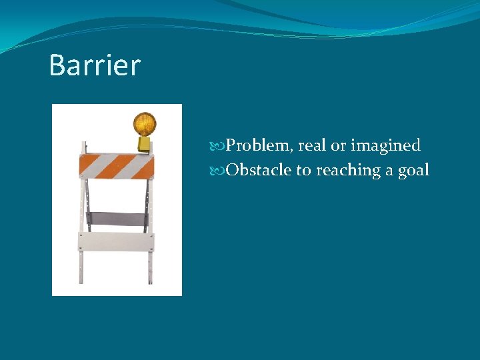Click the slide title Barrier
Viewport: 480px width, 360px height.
click(95, 65)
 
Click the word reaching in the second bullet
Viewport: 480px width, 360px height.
click(347, 171)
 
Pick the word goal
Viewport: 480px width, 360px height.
click(413, 171)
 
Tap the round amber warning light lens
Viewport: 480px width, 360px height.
click(144, 123)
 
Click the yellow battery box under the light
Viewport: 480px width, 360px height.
click(144, 144)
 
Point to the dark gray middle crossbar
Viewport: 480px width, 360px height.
click(117, 218)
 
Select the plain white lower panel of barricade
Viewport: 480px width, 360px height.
click(117, 241)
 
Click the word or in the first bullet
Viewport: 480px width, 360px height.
click(338, 146)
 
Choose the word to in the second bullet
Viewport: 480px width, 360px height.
click(303, 171)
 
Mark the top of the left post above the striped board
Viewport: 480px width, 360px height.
click(83, 144)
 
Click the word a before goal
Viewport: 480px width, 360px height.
click(389, 171)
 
